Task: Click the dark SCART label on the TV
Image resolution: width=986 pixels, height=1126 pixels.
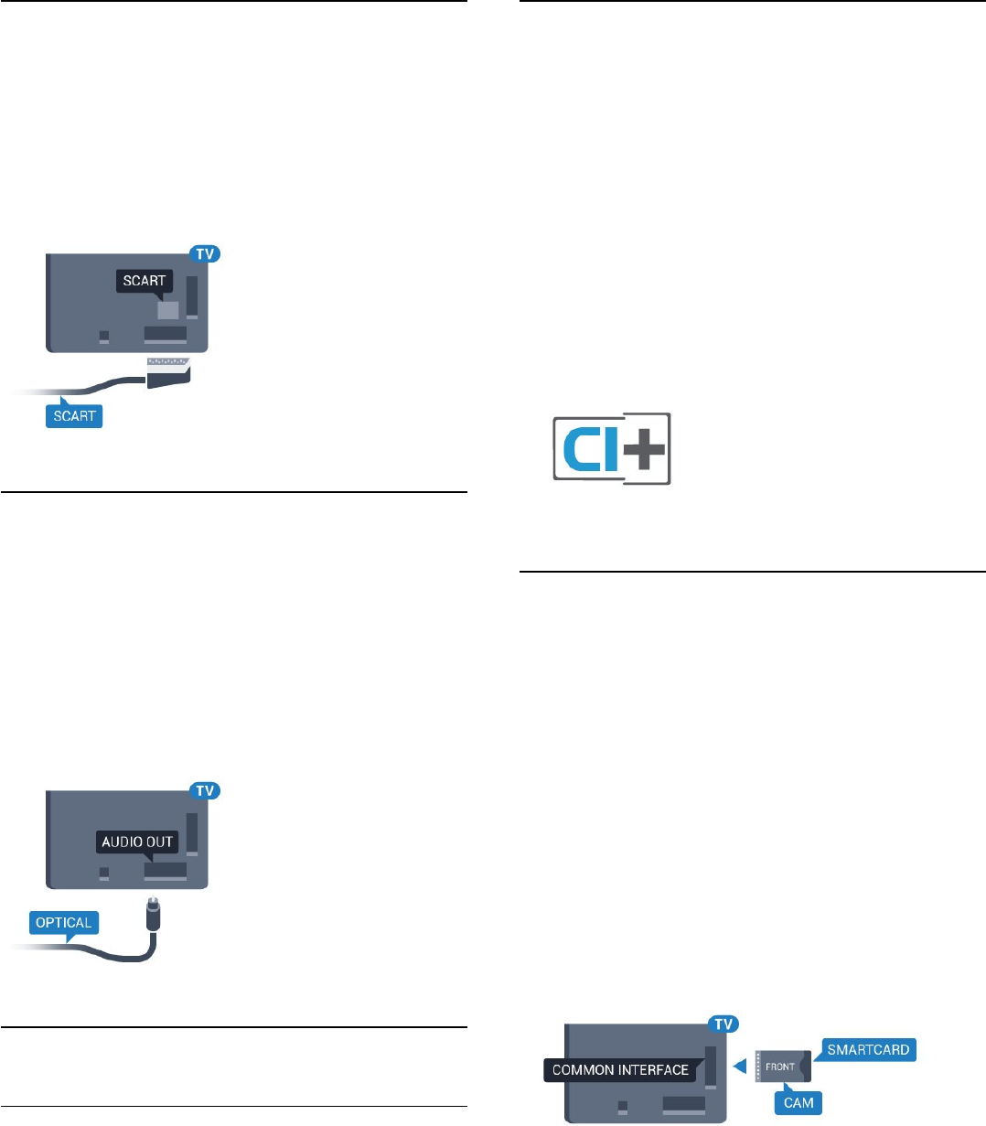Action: coord(145,281)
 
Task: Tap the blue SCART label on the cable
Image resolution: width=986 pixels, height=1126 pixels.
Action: coord(75,415)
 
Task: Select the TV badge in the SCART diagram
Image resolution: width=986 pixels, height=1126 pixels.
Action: coord(206,253)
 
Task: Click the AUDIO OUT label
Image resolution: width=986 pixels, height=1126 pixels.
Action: coord(138,842)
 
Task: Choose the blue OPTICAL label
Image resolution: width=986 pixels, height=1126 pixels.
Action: coord(64,922)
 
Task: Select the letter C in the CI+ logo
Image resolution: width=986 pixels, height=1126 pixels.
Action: coord(579,449)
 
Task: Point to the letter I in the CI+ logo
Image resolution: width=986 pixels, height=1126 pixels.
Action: coord(610,449)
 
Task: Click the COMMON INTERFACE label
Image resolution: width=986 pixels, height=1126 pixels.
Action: coord(620,1069)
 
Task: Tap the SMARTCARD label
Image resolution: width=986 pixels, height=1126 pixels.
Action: coord(868,1049)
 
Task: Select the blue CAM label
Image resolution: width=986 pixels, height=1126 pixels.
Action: coord(798,1102)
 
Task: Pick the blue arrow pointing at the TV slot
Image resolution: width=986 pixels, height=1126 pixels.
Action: coord(740,1067)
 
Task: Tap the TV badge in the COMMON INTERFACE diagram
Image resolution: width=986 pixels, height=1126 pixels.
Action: coord(723,1024)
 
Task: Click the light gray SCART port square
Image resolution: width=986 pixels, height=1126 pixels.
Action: coord(167,310)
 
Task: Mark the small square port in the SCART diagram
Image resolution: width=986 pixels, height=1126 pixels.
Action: coord(104,337)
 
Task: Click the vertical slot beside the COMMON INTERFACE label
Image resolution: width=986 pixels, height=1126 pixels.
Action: coord(711,1061)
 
